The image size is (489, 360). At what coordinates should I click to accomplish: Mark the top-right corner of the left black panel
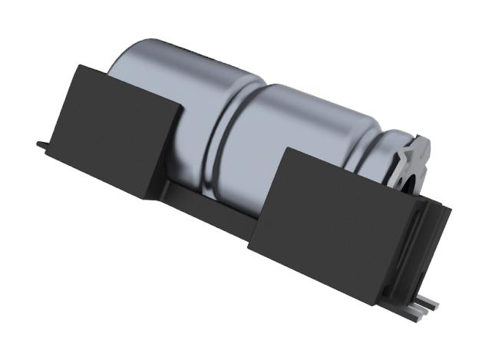183,104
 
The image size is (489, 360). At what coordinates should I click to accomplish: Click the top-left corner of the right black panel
283,147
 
